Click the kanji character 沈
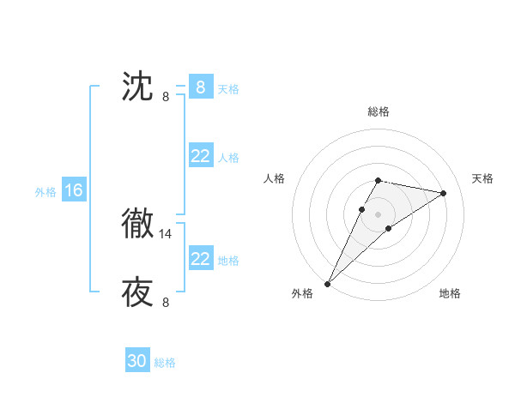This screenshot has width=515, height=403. point(137,87)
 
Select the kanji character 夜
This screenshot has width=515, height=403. point(137,292)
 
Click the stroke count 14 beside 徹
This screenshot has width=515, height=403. point(166,233)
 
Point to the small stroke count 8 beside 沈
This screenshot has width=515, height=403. point(166,96)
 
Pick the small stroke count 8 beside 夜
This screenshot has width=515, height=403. point(166,302)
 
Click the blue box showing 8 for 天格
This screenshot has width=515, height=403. point(200,87)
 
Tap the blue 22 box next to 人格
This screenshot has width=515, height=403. point(200,156)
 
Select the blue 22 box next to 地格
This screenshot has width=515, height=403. point(200,259)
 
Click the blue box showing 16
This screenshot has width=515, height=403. point(73,190)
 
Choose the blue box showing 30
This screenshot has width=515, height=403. point(137,361)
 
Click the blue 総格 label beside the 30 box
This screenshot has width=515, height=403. point(165,363)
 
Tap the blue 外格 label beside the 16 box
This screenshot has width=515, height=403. point(45,192)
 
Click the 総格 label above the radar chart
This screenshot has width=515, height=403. point(379,111)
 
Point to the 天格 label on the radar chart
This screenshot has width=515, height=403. point(483,178)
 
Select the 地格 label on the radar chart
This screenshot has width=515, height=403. point(450,293)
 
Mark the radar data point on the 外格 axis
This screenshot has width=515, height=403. point(328,283)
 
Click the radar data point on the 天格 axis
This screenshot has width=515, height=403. point(444,193)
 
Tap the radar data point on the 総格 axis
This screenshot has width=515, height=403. point(379,180)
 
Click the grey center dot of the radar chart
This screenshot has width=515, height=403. point(379,214)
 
